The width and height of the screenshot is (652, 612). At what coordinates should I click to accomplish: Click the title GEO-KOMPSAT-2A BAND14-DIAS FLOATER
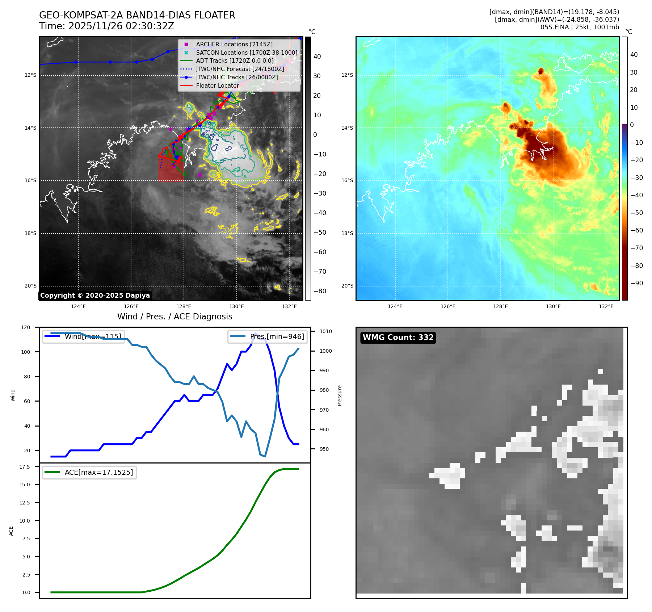pyautogui.click(x=137, y=15)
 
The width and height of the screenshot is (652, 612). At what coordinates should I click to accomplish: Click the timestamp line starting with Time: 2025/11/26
pyautogui.click(x=106, y=26)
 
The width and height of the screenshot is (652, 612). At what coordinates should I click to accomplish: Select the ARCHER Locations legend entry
pyautogui.click(x=234, y=44)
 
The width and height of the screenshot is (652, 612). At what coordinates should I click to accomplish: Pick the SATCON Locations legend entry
pyautogui.click(x=246, y=53)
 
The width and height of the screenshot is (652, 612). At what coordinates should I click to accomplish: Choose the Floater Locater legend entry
pyautogui.click(x=217, y=86)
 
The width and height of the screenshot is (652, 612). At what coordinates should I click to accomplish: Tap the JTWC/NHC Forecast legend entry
pyautogui.click(x=240, y=69)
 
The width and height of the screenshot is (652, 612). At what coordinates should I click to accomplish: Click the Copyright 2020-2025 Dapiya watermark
pyautogui.click(x=95, y=295)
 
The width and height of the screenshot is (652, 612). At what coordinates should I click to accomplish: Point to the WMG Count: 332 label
pyautogui.click(x=398, y=338)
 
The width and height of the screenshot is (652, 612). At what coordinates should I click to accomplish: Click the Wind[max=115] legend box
pyautogui.click(x=84, y=336)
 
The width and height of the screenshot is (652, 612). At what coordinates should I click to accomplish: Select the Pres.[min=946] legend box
pyautogui.click(x=268, y=336)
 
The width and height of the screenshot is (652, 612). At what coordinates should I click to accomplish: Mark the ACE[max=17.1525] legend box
pyautogui.click(x=89, y=472)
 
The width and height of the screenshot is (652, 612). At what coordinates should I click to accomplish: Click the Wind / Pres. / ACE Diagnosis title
pyautogui.click(x=174, y=317)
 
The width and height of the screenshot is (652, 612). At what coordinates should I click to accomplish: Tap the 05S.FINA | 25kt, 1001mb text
pyautogui.click(x=580, y=27)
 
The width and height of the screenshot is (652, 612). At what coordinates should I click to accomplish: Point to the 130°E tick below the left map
pyautogui.click(x=236, y=306)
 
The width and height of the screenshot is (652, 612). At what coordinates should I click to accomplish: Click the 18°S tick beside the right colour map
pyautogui.click(x=347, y=233)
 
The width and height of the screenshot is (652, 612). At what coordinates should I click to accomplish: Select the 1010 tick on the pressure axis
pyautogui.click(x=325, y=331)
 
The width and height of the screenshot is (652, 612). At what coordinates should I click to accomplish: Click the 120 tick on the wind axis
pyautogui.click(x=26, y=327)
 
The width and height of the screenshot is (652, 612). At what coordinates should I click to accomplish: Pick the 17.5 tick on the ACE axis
pyautogui.click(x=25, y=467)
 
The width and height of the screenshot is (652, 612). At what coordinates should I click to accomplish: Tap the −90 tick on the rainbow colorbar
pyautogui.click(x=636, y=283)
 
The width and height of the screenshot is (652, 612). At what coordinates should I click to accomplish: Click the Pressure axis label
pyautogui.click(x=340, y=395)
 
